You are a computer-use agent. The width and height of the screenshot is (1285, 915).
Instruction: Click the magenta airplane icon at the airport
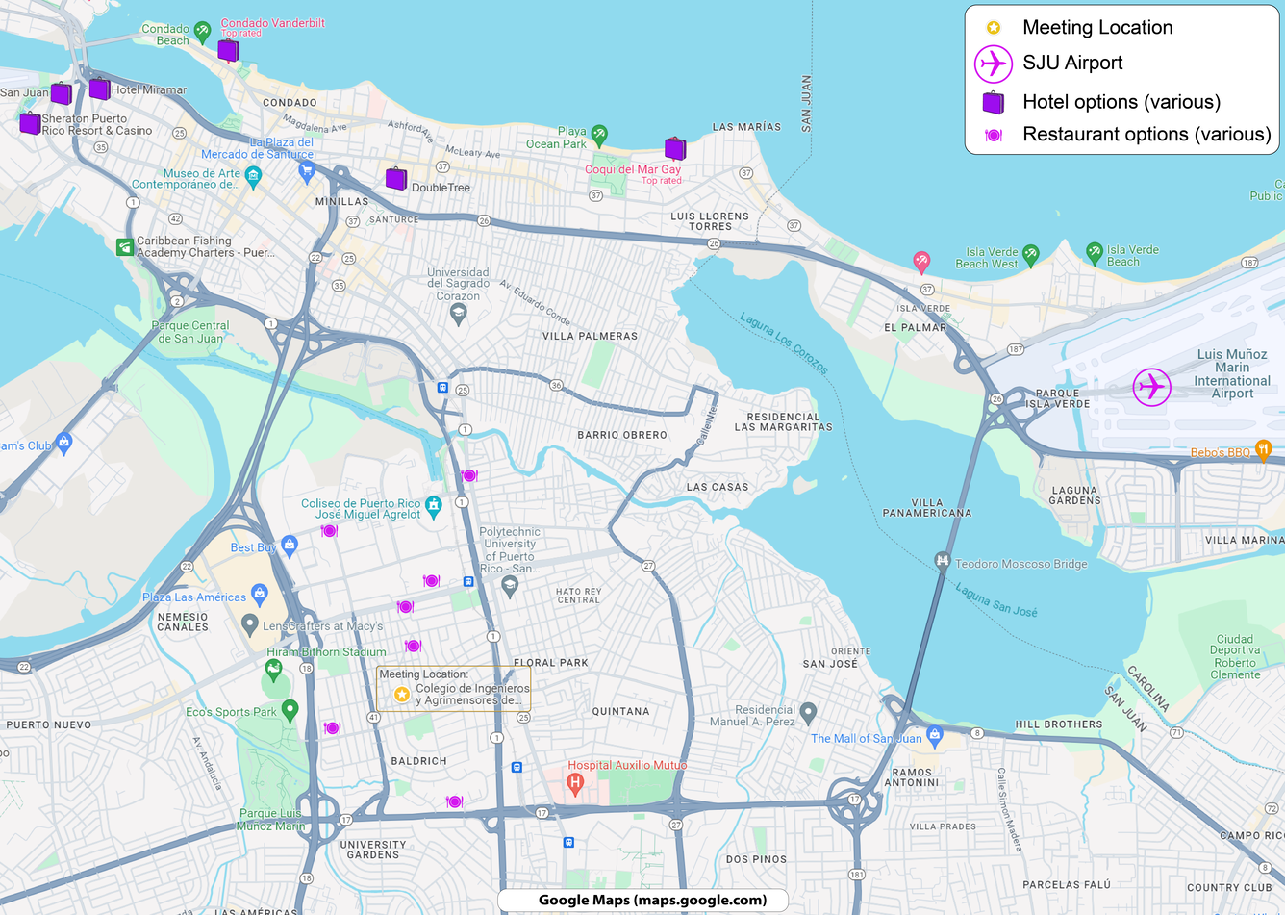[x=1151, y=387]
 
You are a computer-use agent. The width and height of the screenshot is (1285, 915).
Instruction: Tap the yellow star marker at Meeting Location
[x=402, y=695]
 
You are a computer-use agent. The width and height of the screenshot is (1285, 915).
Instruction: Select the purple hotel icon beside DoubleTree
[x=395, y=178]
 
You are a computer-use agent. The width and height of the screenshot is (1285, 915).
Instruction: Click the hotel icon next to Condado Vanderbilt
[x=228, y=50]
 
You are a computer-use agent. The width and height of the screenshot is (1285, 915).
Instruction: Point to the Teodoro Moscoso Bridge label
[x=1020, y=564]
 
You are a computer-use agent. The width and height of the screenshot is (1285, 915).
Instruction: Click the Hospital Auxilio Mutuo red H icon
[x=575, y=781]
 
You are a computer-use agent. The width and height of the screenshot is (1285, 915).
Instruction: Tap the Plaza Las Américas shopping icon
[x=259, y=593]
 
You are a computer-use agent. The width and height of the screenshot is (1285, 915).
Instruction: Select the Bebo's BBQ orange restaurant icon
[x=1263, y=448]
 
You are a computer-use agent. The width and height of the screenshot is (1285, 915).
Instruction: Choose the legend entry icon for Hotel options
[x=993, y=102]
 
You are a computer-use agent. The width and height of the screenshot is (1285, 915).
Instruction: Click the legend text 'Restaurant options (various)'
[x=1146, y=135]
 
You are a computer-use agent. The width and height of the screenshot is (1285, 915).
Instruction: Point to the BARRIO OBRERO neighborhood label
[x=621, y=435]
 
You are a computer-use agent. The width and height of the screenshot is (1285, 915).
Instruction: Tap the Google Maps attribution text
[x=652, y=901]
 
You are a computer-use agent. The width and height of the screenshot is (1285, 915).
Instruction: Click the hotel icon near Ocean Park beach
[x=675, y=148]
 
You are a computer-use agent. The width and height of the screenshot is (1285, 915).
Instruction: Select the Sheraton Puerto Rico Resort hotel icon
[x=30, y=123]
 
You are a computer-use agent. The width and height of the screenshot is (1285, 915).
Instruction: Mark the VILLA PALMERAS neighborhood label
[x=590, y=336]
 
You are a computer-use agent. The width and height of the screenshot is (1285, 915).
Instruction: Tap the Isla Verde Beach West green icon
[x=1030, y=254]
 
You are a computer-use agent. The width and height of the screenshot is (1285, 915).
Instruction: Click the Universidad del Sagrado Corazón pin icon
[x=458, y=313]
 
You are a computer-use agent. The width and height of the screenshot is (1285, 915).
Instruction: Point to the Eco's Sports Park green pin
[x=290, y=710]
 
